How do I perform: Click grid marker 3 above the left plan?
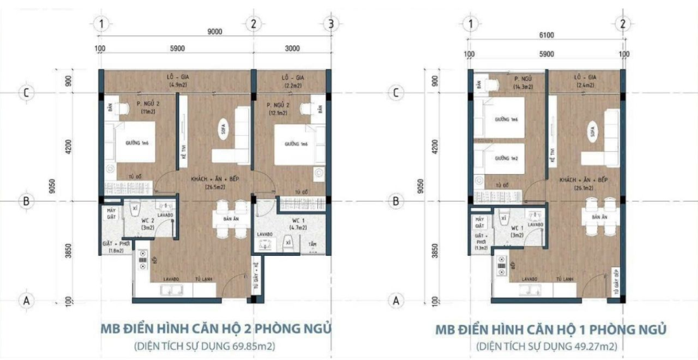[x=331, y=24]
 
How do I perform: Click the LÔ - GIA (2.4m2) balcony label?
[x=585, y=81]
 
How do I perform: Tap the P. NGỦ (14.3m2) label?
[x=523, y=82]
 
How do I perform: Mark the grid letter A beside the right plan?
[x=397, y=300]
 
